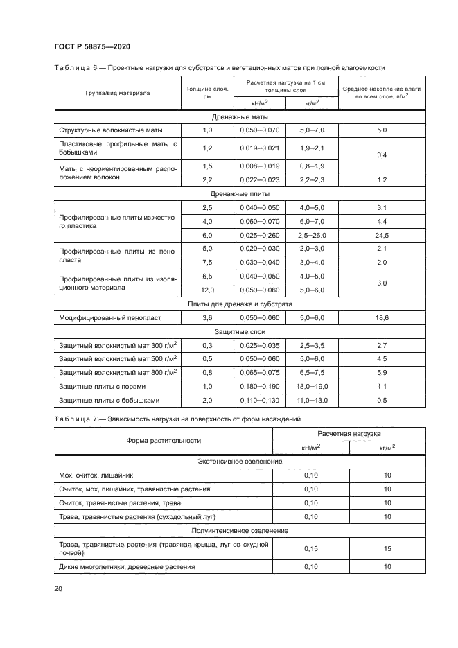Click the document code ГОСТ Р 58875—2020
[x=92, y=46]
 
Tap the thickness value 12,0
[x=207, y=290]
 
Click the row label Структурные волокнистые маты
[x=110, y=130]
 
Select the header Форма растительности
[x=164, y=440]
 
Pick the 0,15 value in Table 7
[x=311, y=548]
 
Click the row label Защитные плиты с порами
[x=102, y=386]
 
